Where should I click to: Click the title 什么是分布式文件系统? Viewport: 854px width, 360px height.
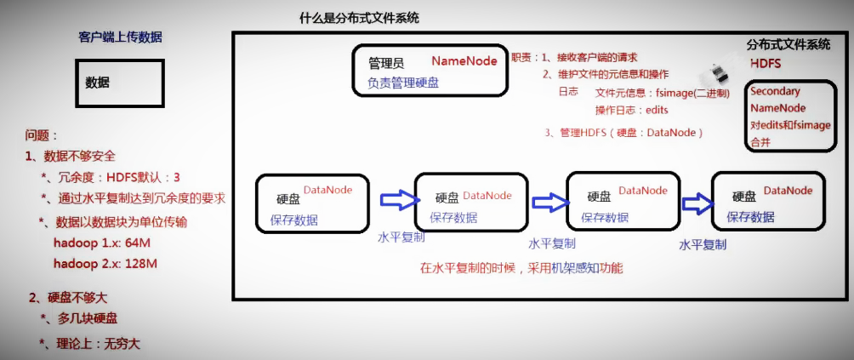(359, 18)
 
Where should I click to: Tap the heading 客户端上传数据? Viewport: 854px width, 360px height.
(120, 37)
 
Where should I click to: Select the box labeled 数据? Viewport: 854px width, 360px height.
(119, 83)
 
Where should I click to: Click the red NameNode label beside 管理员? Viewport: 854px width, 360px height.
(464, 61)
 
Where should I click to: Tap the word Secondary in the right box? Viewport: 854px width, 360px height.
(775, 91)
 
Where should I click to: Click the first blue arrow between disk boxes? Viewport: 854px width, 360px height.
(398, 200)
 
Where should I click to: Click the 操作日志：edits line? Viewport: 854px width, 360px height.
(632, 110)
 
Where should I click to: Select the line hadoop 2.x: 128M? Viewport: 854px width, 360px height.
(105, 263)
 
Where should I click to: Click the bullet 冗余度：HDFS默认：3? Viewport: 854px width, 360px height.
(116, 178)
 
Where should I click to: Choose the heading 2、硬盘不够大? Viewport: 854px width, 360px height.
(68, 298)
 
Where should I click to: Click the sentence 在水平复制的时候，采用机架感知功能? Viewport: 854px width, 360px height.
(521, 268)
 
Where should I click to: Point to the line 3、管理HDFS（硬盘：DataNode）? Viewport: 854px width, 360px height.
(623, 133)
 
